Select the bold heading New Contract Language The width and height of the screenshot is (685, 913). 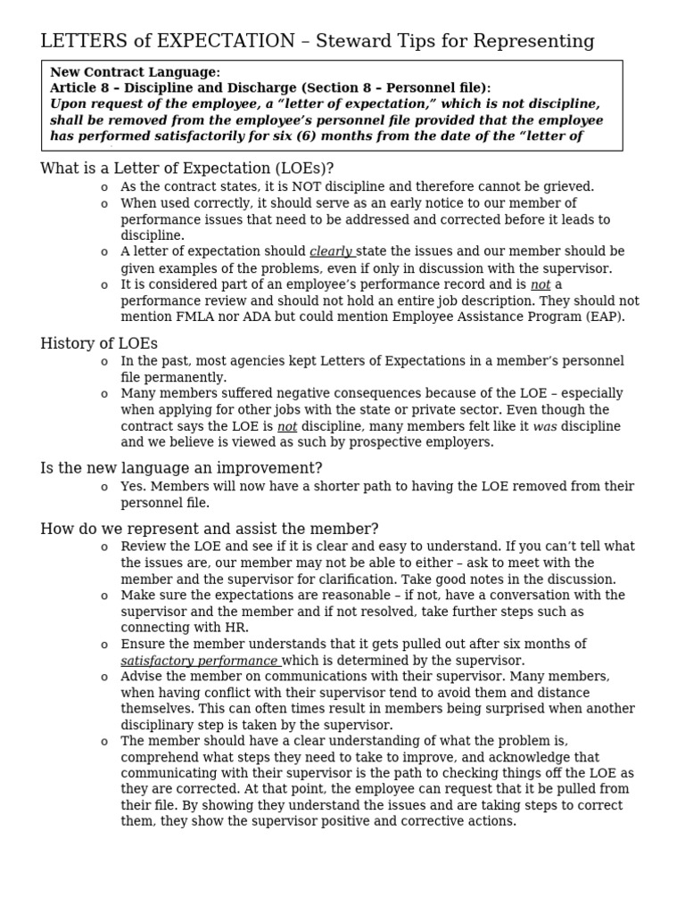tap(135, 72)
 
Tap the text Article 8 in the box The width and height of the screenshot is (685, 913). tap(83, 87)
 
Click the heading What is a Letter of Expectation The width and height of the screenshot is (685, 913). tap(186, 169)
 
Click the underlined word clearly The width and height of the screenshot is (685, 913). tap(331, 251)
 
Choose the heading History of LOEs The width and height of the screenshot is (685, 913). tap(98, 343)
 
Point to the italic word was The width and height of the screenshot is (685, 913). tap(544, 426)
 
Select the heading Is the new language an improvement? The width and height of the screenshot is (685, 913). tap(181, 468)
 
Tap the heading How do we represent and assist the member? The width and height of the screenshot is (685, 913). tap(209, 529)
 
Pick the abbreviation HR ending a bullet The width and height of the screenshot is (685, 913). tap(235, 628)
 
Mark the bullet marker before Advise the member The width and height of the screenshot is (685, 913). tap(104, 678)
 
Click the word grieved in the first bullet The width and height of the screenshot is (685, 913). tap(568, 187)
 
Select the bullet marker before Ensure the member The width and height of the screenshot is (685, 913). tap(104, 645)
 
